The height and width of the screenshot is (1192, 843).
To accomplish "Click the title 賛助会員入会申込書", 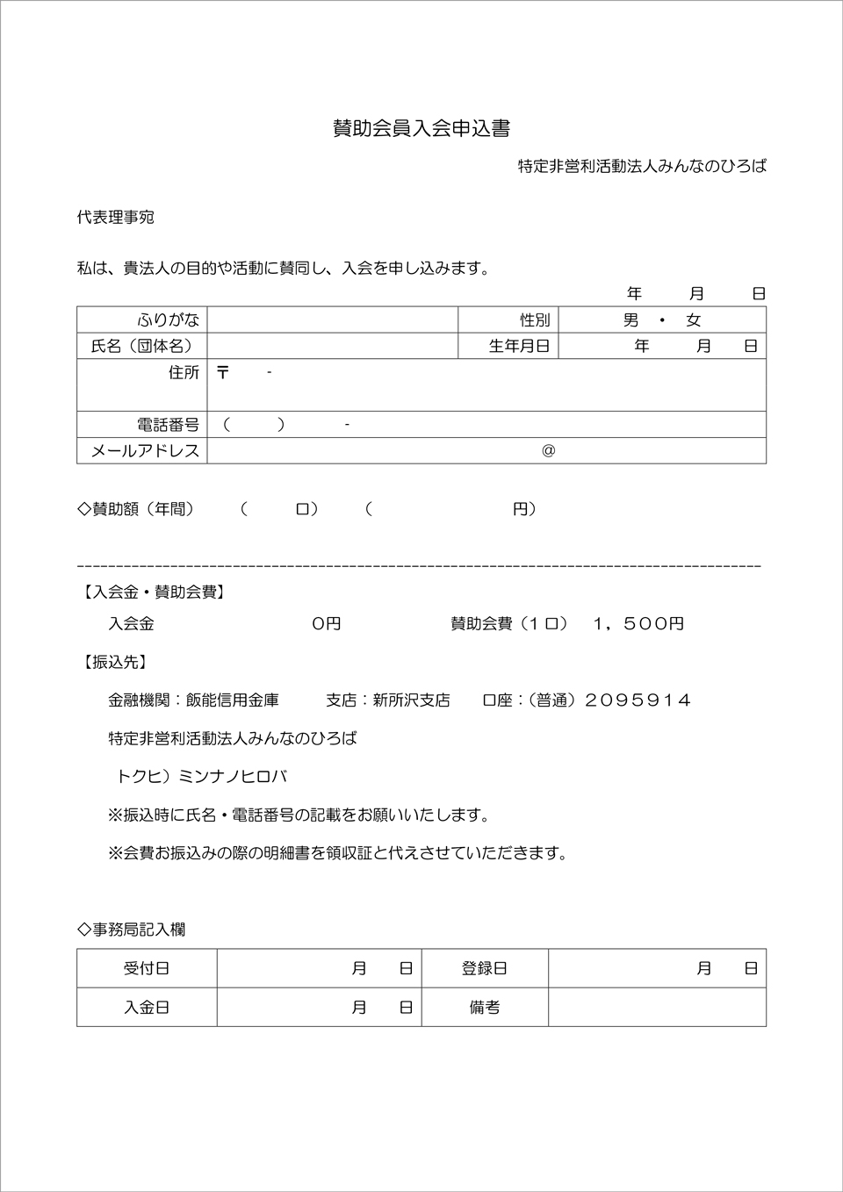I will pyautogui.click(x=421, y=128).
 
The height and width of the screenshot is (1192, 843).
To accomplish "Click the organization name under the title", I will pyautogui.click(x=642, y=166).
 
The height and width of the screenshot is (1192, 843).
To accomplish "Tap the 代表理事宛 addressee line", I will pyautogui.click(x=116, y=217).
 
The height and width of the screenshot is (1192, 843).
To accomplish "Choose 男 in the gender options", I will pyautogui.click(x=630, y=320).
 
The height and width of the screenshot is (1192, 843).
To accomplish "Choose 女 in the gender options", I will pyautogui.click(x=694, y=320).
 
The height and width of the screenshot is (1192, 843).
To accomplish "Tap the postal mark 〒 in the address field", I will pyautogui.click(x=223, y=372).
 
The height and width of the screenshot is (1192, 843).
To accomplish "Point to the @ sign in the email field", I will pyautogui.click(x=549, y=450).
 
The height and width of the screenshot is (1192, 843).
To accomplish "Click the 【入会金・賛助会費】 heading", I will pyautogui.click(x=154, y=592).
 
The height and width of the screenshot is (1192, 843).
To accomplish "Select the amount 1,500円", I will pyautogui.click(x=638, y=624).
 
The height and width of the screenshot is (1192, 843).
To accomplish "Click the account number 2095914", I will pyautogui.click(x=638, y=700).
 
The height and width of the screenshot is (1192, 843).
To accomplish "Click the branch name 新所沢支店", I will pyautogui.click(x=411, y=700).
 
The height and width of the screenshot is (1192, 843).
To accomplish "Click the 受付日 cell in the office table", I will pyautogui.click(x=147, y=968).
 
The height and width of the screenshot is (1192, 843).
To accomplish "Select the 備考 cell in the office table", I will pyautogui.click(x=485, y=1007).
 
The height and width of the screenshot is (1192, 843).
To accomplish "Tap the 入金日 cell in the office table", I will pyautogui.click(x=147, y=1007).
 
